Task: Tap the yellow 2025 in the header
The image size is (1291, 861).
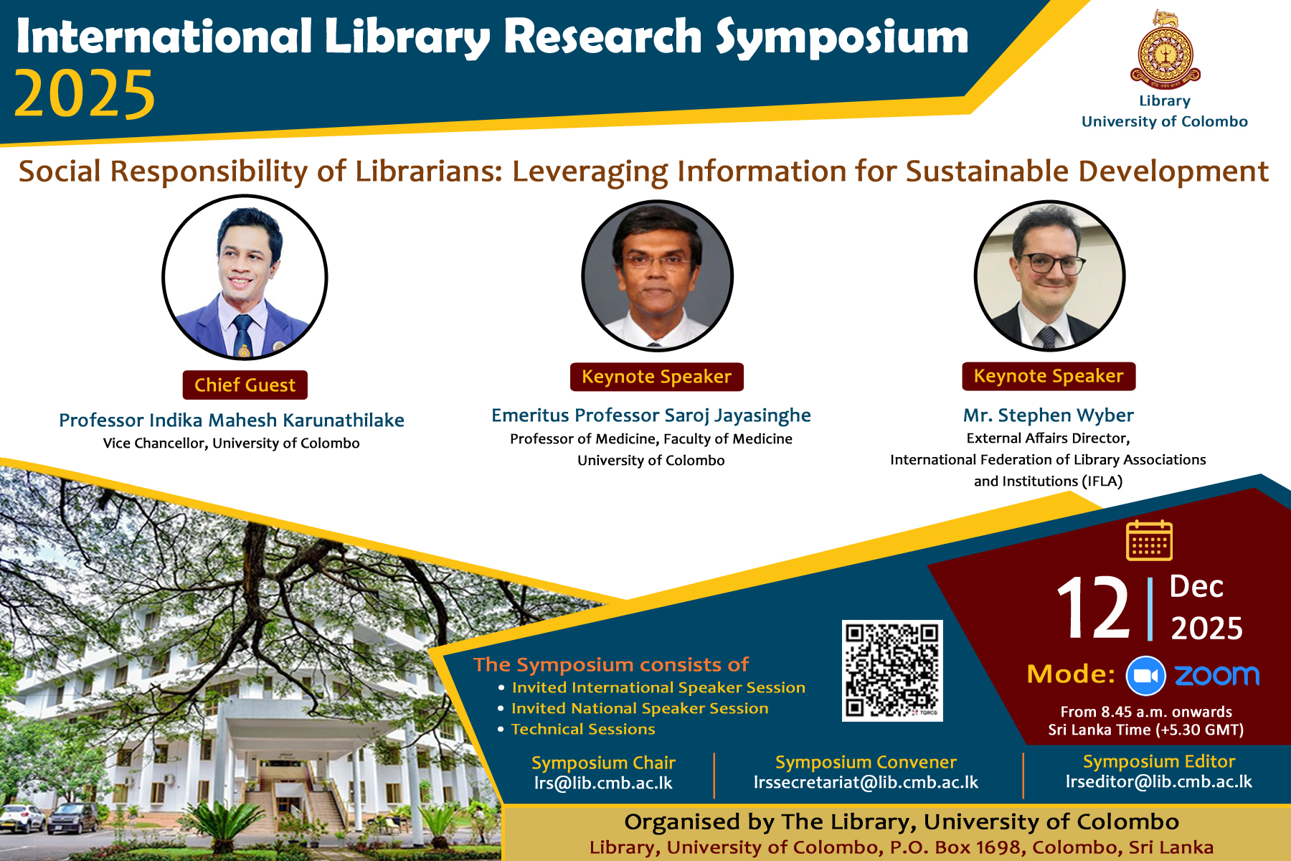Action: (x=85, y=95)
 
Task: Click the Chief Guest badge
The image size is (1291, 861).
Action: (x=245, y=385)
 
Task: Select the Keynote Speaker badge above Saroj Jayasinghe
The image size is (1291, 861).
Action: (x=656, y=377)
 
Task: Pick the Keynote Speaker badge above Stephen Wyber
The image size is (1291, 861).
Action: (x=1049, y=376)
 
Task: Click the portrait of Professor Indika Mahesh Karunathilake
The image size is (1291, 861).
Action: (x=245, y=277)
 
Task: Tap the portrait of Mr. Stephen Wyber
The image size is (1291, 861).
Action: (x=1049, y=276)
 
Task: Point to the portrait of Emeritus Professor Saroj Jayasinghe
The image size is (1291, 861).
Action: (x=657, y=276)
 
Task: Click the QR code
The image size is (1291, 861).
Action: (x=892, y=671)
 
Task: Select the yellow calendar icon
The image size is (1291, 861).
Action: (x=1149, y=540)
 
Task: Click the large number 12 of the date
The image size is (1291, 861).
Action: (x=1093, y=608)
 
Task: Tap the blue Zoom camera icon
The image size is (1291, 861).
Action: (x=1146, y=676)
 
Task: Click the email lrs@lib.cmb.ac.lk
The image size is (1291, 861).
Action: (x=603, y=783)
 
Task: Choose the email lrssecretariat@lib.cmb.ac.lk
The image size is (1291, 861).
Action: (x=866, y=782)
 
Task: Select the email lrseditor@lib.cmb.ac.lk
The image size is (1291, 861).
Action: (x=1159, y=781)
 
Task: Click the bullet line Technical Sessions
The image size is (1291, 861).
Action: (x=583, y=729)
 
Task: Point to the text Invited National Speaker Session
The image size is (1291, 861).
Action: (x=640, y=708)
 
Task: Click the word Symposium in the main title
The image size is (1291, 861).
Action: (x=842, y=37)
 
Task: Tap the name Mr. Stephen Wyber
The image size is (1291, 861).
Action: (x=1049, y=415)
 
